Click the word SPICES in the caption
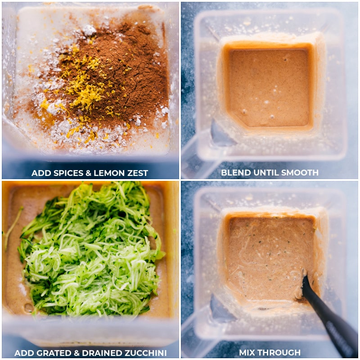68,173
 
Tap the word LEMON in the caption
107,173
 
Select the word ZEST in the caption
138,173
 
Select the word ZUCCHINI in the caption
145,353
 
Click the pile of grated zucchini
90,250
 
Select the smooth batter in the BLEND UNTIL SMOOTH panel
269,87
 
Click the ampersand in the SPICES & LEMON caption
89,173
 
